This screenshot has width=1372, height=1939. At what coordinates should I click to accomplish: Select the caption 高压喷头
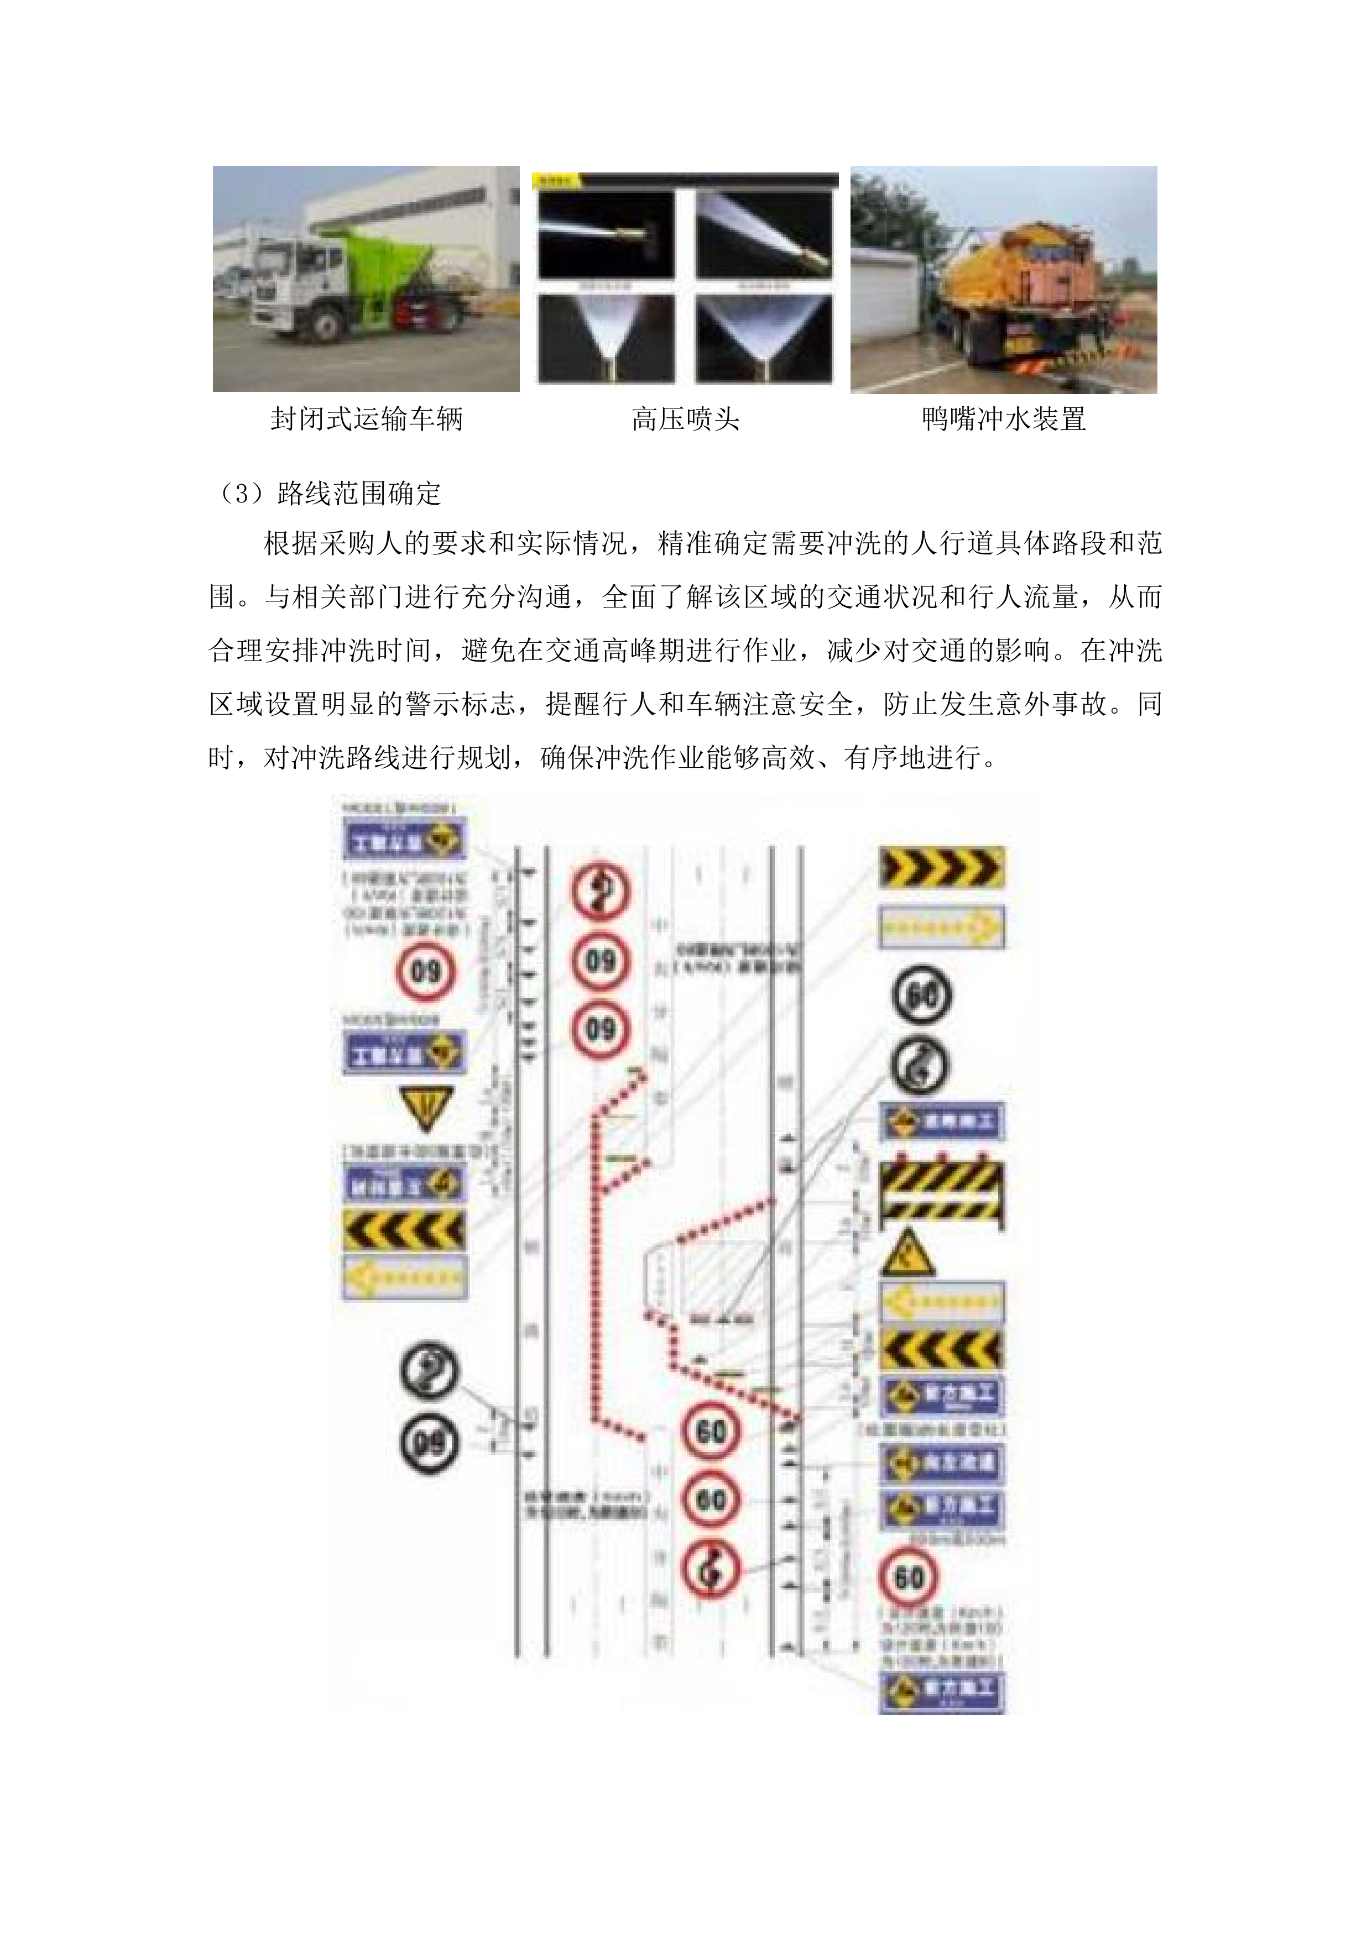(685, 419)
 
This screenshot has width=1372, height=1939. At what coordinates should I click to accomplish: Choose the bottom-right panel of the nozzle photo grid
(764, 337)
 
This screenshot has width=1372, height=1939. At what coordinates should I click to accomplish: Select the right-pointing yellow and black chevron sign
(941, 867)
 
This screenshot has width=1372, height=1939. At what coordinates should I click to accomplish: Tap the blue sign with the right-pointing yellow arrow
(941, 927)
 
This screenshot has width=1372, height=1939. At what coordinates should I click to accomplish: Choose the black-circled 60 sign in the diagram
(922, 995)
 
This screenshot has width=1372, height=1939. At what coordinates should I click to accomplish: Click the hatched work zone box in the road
(718, 1280)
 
